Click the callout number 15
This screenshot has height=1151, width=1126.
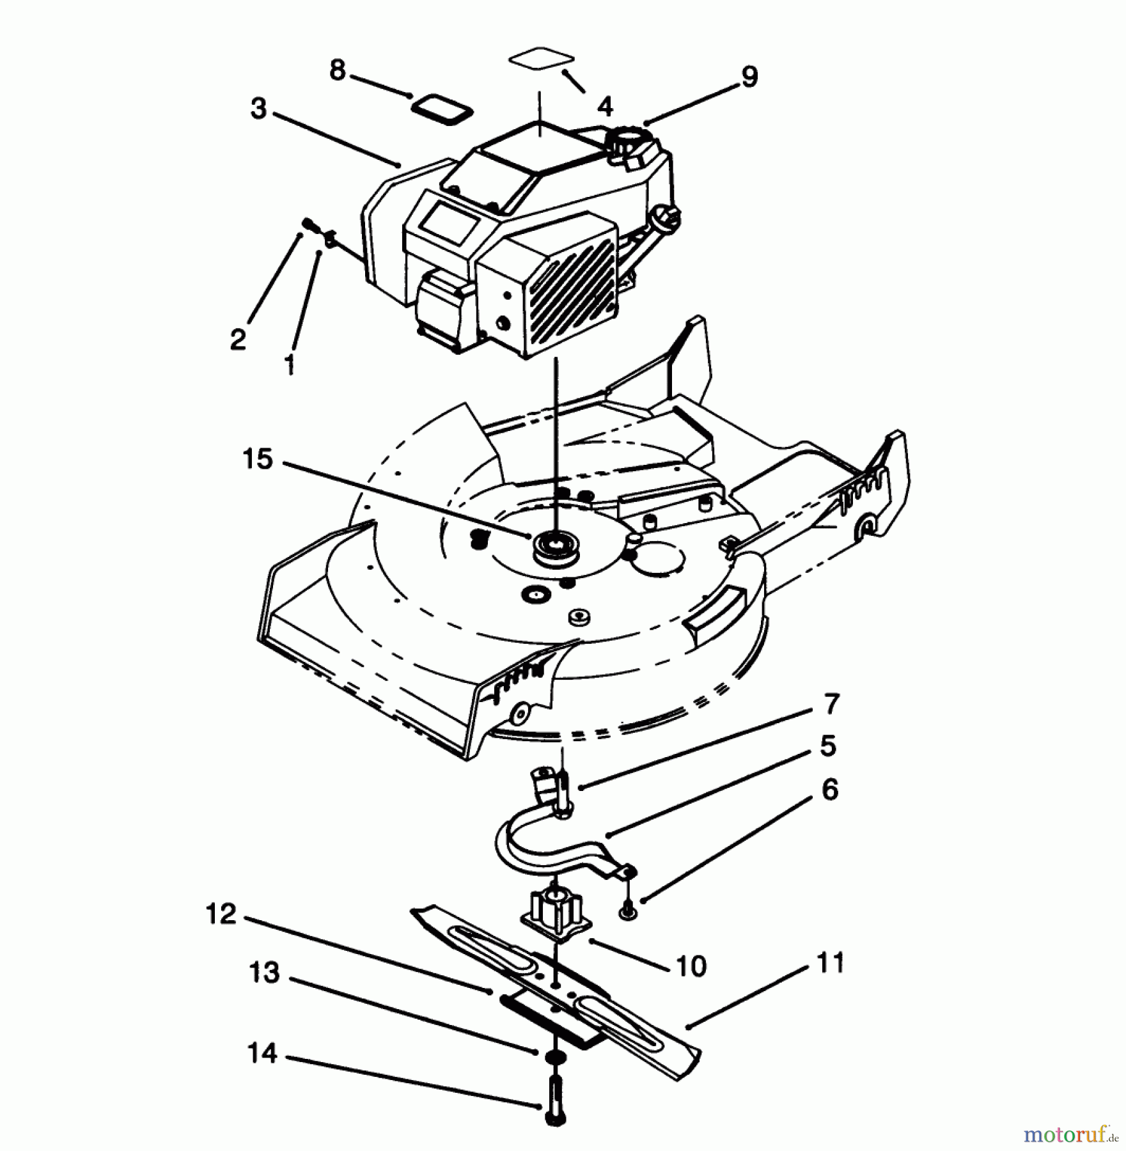click(x=258, y=460)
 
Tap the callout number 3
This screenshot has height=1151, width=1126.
click(x=258, y=109)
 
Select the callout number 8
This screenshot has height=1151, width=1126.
click(x=337, y=70)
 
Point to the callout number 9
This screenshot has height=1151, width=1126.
click(x=749, y=77)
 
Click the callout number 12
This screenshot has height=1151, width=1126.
click(x=221, y=914)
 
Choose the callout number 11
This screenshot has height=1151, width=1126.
click(x=831, y=963)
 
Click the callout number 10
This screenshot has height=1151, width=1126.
click(x=691, y=966)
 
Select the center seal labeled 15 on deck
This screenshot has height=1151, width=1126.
click(x=554, y=547)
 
